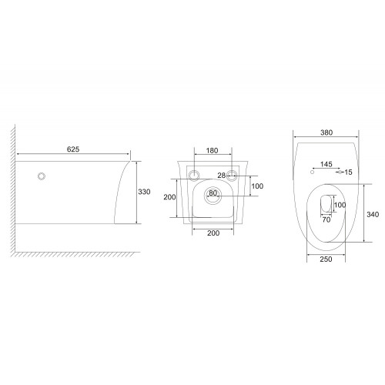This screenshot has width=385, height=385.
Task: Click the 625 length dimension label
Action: [73, 149]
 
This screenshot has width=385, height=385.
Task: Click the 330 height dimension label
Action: [144, 192]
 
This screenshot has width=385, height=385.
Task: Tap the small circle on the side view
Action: [42, 176]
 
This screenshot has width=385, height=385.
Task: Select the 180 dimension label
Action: [213, 150]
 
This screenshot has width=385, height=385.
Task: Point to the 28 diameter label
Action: [222, 176]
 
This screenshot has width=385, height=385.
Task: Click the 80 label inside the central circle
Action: [213, 192]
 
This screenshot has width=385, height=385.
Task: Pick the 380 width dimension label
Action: [326, 132]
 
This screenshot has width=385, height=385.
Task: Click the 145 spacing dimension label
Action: [326, 164]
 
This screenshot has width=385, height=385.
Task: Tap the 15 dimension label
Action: [348, 172]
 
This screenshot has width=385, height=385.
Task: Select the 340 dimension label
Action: [373, 214]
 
